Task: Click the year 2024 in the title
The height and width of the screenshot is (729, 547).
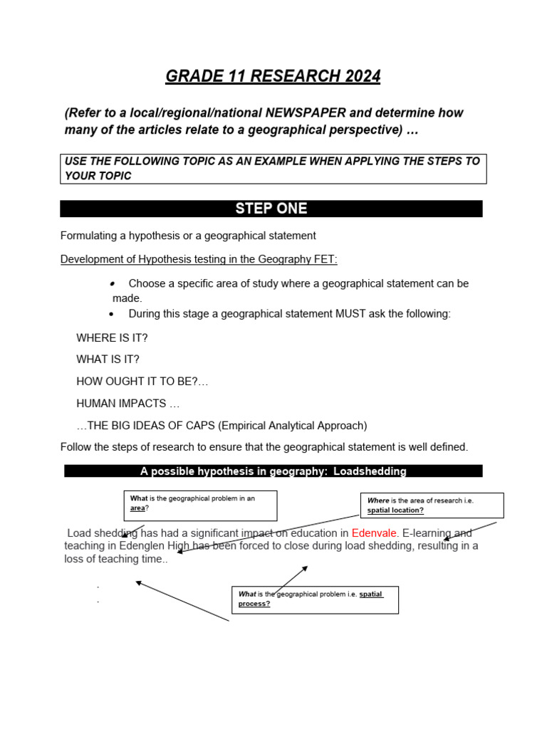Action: coord(360,76)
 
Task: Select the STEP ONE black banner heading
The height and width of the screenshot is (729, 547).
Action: coord(271,209)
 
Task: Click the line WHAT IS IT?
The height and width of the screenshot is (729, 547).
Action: coord(108,360)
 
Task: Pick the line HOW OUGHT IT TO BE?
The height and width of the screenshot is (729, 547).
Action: coord(142,382)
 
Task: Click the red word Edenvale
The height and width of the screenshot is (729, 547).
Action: coord(375,533)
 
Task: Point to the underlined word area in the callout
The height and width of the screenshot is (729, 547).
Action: coord(137,508)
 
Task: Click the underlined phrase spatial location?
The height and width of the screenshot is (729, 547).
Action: coord(395,510)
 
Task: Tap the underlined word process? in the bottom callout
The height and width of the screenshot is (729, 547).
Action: coord(254,604)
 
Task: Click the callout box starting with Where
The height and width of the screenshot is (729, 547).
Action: coord(432,505)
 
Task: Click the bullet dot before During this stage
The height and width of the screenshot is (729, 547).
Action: coord(112,314)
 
